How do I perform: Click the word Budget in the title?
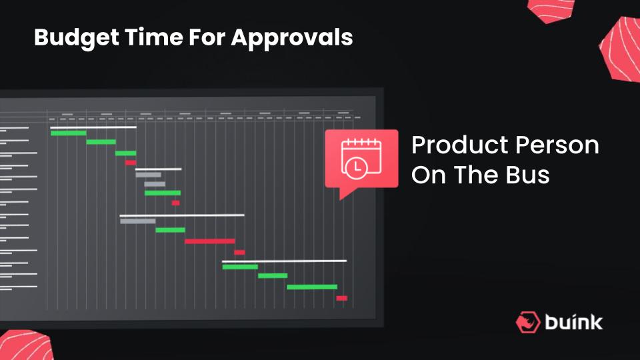(x=77, y=38)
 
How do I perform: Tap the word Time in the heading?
(x=154, y=37)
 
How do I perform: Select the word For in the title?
(x=207, y=37)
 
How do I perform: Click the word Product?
(x=460, y=145)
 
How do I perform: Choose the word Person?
(x=557, y=145)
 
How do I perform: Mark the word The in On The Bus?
(x=477, y=175)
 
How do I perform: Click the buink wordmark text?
(x=573, y=322)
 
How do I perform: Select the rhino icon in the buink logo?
(x=528, y=322)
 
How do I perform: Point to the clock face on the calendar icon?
(x=356, y=167)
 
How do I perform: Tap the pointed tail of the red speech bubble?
(x=341, y=197)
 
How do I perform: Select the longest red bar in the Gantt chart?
(x=210, y=241)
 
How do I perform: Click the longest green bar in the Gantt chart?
(x=312, y=287)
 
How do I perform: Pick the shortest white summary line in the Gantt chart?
(x=159, y=169)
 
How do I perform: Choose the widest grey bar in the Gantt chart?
(x=137, y=221)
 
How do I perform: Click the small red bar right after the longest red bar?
(x=239, y=252)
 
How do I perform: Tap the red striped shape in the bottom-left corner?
(x=25, y=345)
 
